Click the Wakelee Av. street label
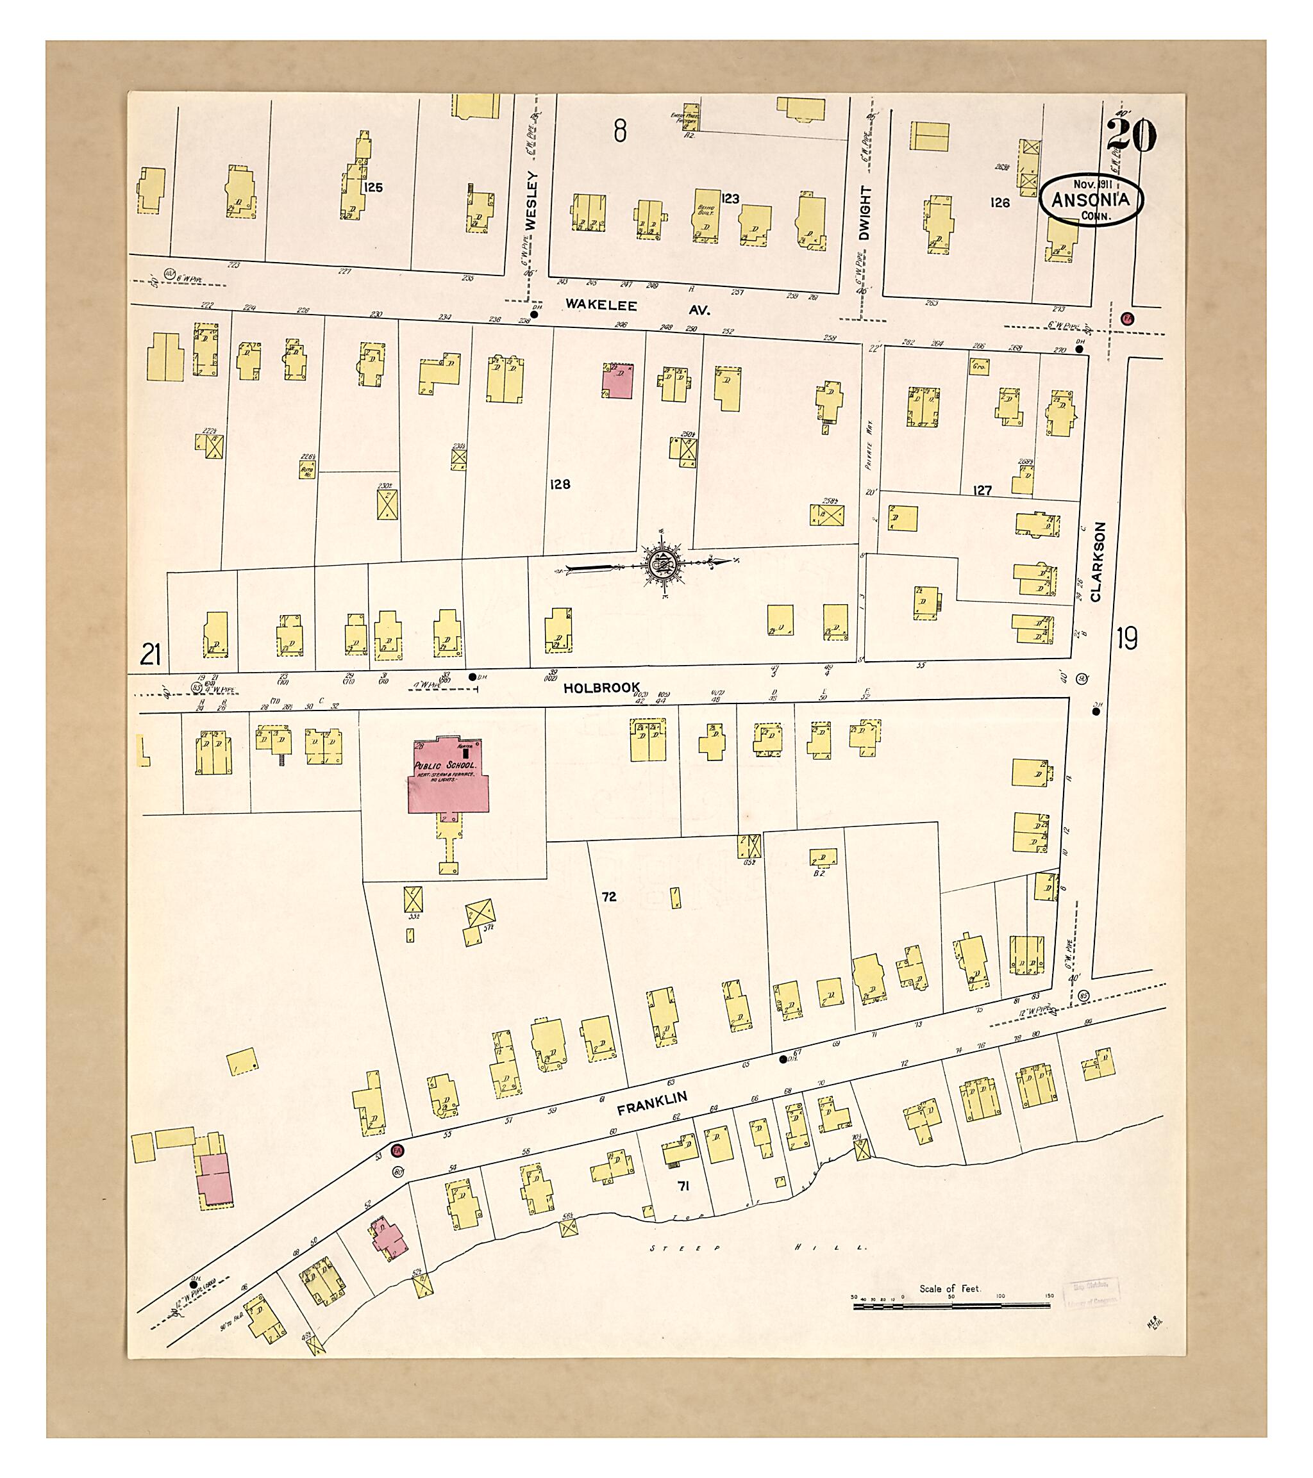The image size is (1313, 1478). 637,308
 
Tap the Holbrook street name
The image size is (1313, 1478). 602,687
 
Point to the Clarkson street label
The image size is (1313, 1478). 1095,562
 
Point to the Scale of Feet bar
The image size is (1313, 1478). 951,1306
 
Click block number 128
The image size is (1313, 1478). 560,484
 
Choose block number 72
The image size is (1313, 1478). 609,897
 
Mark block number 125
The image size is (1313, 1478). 373,187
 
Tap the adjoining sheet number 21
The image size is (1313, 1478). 150,655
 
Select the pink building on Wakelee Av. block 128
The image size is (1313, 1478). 617,381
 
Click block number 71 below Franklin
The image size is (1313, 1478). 683,1187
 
